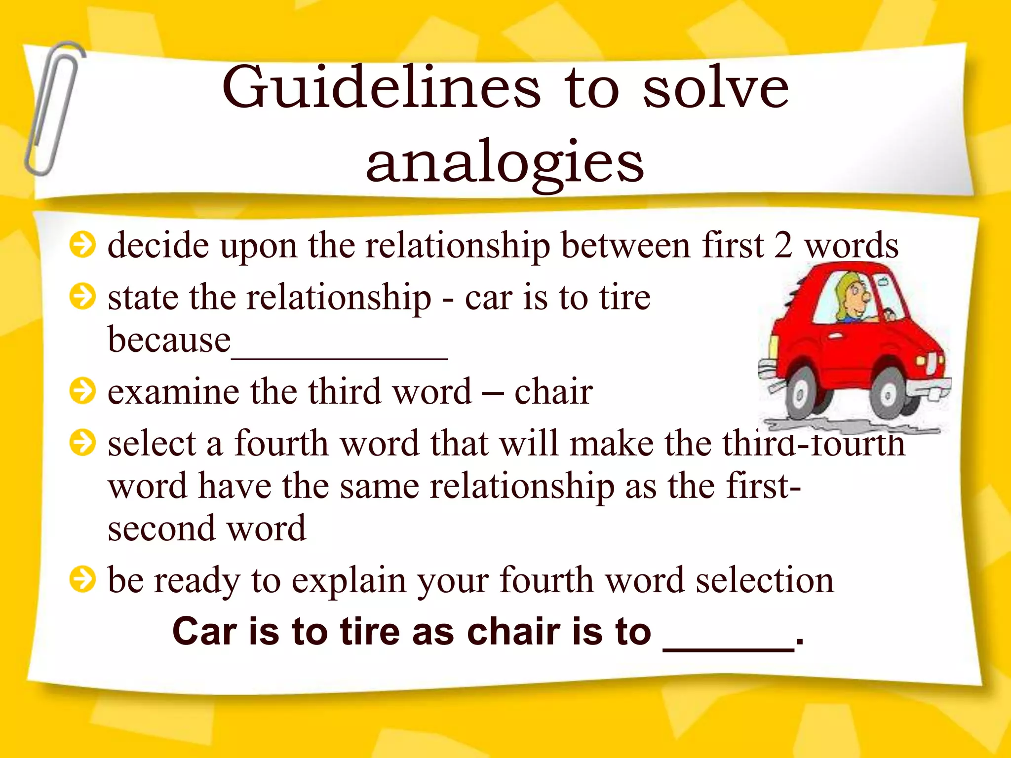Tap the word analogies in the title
(x=505, y=163)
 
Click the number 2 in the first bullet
(x=783, y=245)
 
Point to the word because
(x=169, y=341)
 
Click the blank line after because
(x=340, y=356)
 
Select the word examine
(x=173, y=392)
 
